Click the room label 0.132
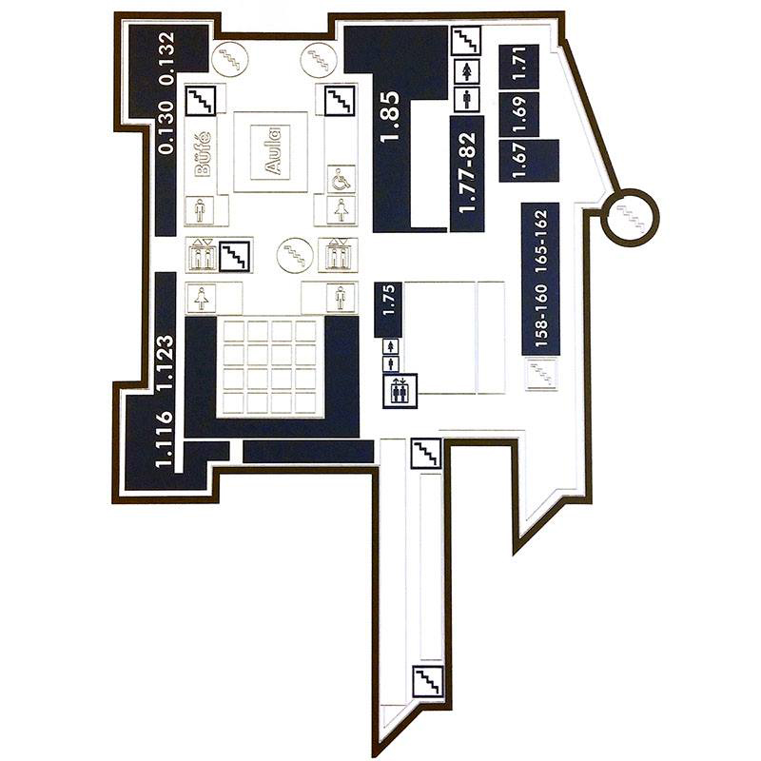(x=167, y=58)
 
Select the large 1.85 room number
(x=390, y=116)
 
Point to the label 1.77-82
(x=467, y=173)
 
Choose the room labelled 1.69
(x=519, y=114)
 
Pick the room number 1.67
(x=519, y=161)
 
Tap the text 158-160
(x=541, y=316)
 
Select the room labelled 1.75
(x=389, y=301)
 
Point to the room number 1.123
(x=166, y=361)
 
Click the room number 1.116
(x=164, y=439)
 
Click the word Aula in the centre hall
(x=272, y=151)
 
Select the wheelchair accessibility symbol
(x=341, y=181)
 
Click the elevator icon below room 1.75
(x=400, y=390)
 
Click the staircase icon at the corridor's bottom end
(x=427, y=681)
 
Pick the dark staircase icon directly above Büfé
(x=201, y=101)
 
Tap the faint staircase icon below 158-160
(x=541, y=374)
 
